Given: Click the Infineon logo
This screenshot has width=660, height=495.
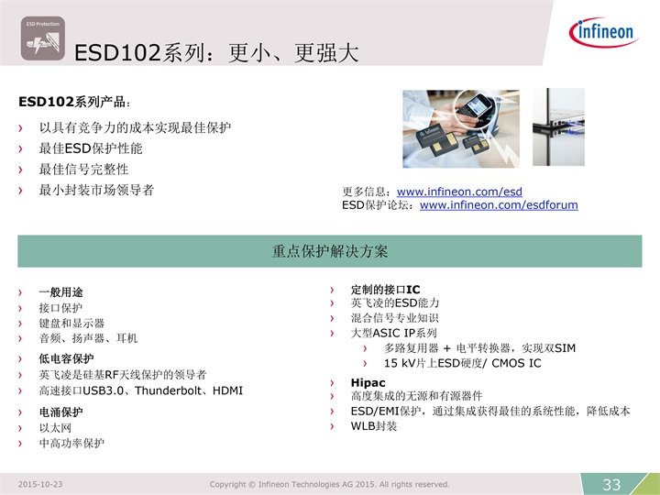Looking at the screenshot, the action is pos(603,32).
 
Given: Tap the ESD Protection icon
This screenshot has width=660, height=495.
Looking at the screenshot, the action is pos(43,38).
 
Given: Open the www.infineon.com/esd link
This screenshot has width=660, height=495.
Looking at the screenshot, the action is pos(459,192).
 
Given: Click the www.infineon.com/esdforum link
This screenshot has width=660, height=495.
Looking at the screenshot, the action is pos(499,205).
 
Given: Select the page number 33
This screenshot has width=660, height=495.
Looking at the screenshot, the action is pos(611,485).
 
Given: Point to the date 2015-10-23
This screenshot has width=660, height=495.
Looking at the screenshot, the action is pos(40,485).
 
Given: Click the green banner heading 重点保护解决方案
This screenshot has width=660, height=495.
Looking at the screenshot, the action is pos(330,251).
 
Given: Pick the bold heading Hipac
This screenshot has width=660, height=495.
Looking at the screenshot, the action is pos(368,382).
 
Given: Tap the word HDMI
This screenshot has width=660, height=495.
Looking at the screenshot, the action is pos(227,391).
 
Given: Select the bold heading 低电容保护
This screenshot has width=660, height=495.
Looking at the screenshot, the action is pos(66,358).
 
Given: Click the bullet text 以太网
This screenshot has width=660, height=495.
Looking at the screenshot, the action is pos(55,428).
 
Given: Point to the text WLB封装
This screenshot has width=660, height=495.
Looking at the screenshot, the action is pos(374,426).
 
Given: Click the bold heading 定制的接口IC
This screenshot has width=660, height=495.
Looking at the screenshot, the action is pos(386,290).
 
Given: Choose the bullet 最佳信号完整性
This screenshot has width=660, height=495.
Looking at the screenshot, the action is pos(83,170).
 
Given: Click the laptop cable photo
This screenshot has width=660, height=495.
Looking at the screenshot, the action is pos(558,127).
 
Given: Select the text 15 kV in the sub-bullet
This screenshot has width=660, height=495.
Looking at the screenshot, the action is pos(400,363).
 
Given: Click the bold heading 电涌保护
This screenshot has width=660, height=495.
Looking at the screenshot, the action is pos(60,412).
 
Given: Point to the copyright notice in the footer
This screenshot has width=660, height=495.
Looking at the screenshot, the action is pos(330,485).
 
